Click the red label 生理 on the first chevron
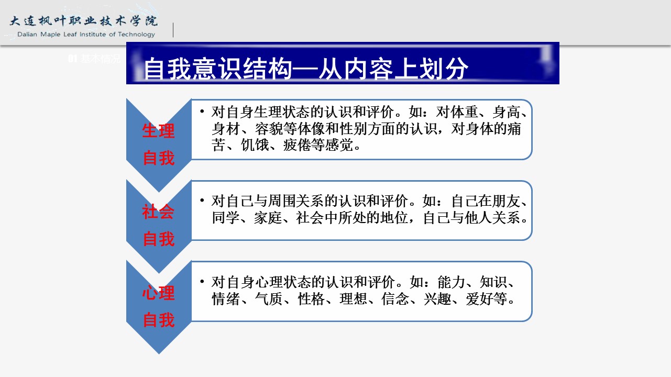tap(158, 131)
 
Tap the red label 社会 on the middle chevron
tap(158, 212)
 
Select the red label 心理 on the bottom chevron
tap(158, 293)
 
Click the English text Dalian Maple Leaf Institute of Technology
tap(86, 35)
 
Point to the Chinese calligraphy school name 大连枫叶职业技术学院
tap(84, 20)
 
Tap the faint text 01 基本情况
tap(94, 59)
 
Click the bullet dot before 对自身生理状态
tap(202, 112)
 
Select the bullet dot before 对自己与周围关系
tap(202, 201)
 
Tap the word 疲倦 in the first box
tap(297, 145)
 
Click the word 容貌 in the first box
tap(269, 129)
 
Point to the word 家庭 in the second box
tap(268, 218)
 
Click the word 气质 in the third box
tap(269, 299)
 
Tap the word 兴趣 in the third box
tap(437, 299)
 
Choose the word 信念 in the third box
tap(395, 299)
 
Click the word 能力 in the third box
tap(451, 282)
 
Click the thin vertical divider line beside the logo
tap(173, 30)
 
